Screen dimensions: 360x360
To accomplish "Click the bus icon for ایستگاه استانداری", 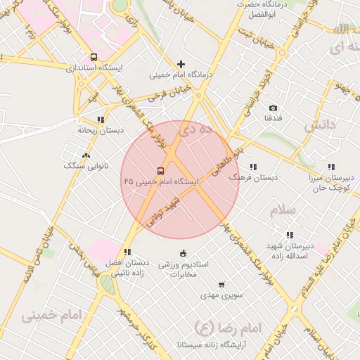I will coord(94,57).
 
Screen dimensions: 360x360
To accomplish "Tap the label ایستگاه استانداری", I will coord(94,69).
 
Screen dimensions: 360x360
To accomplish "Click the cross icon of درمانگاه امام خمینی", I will coord(181,64).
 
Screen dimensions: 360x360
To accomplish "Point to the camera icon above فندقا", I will coord(274,108).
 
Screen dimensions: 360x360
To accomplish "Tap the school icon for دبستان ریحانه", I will coord(101,120).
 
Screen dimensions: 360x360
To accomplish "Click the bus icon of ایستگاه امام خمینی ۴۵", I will coord(161,171).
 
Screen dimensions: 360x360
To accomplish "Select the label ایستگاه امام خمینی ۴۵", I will coord(161,181).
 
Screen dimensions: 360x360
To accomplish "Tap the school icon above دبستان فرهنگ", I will coord(253,167).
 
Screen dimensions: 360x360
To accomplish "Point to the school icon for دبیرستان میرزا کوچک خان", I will coord(330,167).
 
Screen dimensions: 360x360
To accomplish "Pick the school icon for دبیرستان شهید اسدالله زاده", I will coord(289,235).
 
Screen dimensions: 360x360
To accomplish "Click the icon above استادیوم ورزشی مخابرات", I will coord(184,253).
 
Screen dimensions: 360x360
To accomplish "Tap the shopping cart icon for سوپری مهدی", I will coord(221,285).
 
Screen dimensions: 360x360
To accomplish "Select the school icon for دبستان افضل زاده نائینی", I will coord(127,252).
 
